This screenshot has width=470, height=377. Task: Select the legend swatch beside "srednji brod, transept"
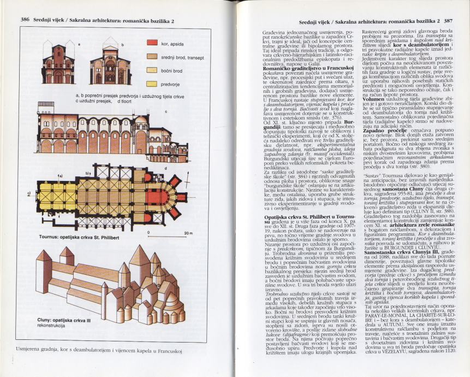[x=150, y=57]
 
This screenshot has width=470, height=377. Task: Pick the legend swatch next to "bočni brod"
[x=150, y=70]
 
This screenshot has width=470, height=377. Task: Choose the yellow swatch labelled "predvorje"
[x=150, y=83]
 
